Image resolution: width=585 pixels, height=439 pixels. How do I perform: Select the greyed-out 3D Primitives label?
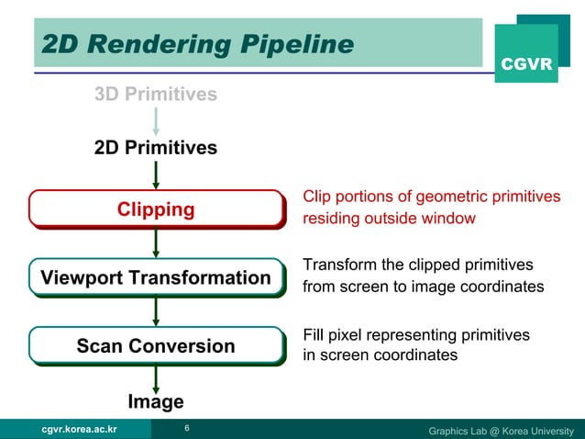tap(156, 94)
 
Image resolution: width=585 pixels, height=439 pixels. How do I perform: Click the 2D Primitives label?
tap(156, 147)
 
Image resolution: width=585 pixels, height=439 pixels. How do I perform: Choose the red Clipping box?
tap(156, 209)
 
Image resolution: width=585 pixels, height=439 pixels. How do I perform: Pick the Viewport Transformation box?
tap(156, 277)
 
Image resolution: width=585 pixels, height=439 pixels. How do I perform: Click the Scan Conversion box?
tap(156, 346)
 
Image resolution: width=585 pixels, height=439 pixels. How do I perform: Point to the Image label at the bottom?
tap(156, 401)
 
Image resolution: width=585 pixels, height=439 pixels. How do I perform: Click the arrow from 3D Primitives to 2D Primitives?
tap(157, 120)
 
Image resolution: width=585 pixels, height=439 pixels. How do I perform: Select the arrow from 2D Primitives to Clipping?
tap(157, 174)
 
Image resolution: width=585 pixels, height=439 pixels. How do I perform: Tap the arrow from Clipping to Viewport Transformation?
tap(157, 242)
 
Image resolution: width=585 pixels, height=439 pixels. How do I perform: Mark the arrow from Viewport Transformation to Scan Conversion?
tap(157, 311)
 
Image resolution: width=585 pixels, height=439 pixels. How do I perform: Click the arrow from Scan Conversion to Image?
tap(157, 377)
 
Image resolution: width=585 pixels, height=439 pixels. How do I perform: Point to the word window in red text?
tap(447, 219)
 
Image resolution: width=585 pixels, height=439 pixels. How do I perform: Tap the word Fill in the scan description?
tap(315, 335)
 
